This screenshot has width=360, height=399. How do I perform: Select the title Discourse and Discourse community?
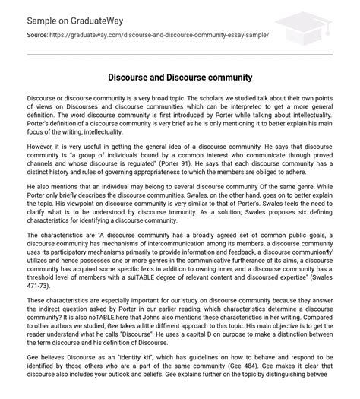click(x=180, y=78)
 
